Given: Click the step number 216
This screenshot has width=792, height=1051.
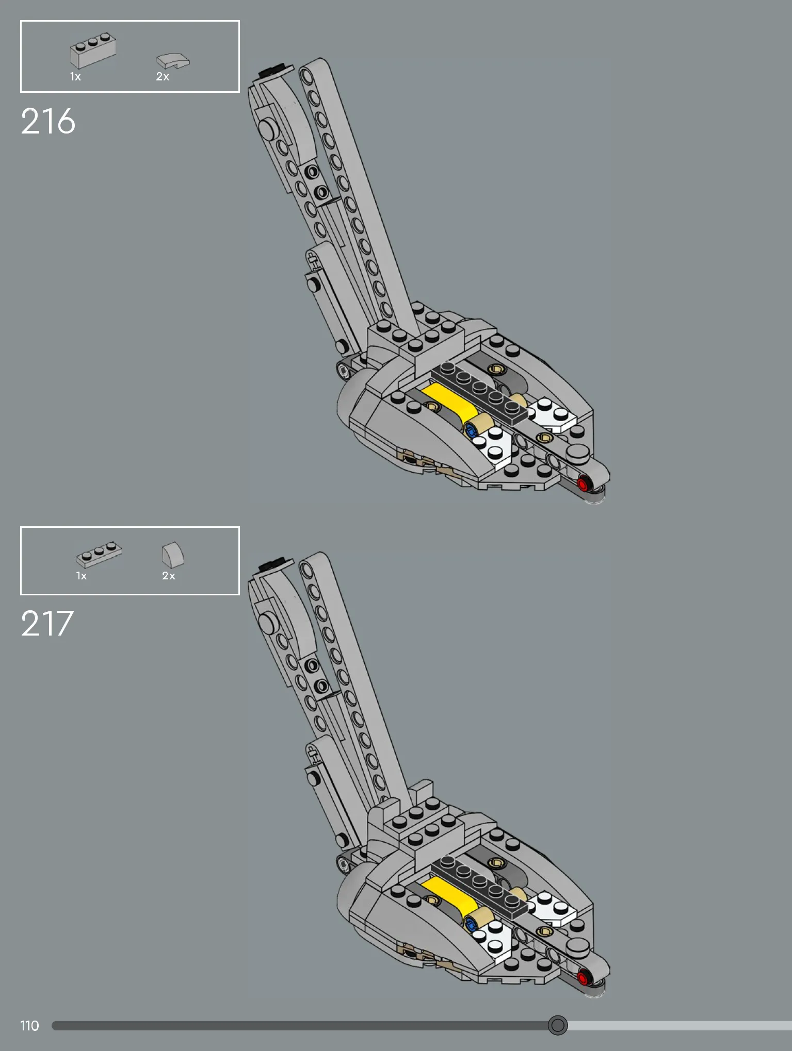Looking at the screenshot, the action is pos(48,122).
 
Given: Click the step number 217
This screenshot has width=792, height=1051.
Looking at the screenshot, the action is pos(47,624).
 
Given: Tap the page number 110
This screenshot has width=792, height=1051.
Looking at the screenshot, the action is pos(29,1026).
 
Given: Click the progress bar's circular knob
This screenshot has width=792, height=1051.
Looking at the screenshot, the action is pos(557,1025).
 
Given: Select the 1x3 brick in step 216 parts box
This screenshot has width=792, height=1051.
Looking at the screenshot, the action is pos(93,50).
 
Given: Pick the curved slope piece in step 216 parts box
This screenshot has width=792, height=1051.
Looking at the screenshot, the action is pos(173,61).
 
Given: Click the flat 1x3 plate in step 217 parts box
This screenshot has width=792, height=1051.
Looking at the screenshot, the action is pos(99,555).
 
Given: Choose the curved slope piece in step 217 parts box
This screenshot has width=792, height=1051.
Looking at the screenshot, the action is pos(173,555).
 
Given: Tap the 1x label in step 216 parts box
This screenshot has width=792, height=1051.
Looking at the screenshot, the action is pos(75,77).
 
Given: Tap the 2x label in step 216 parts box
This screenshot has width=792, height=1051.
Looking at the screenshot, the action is pos(163,77).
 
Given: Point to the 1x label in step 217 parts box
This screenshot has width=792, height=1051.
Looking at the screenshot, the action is pos(82,576).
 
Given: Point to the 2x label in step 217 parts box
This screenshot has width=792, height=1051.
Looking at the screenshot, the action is pos(169,576).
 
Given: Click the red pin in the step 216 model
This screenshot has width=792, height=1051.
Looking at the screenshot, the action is pos(583,484).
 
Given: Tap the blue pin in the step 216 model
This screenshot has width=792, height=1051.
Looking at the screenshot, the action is pos(470,429).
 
